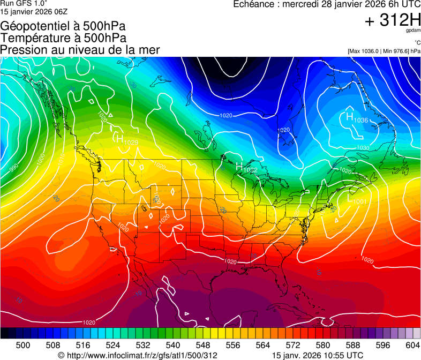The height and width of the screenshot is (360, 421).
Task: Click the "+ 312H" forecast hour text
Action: click(x=392, y=20)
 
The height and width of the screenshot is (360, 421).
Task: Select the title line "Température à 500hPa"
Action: click(x=63, y=38)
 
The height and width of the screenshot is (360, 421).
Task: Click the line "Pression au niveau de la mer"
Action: click(x=80, y=50)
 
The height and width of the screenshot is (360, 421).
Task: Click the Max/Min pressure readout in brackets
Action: click(x=384, y=51)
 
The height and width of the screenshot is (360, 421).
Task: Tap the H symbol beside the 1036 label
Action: click(x=349, y=116)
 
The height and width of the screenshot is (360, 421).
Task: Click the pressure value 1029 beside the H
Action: click(x=131, y=142)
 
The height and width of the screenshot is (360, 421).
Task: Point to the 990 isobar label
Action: click(x=14, y=168)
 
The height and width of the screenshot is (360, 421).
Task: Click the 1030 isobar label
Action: click(x=363, y=148)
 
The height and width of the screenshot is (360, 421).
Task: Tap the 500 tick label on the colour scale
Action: click(x=23, y=344)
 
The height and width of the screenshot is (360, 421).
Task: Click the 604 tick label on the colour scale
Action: click(x=412, y=344)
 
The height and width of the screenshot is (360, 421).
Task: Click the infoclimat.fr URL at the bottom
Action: click(x=137, y=355)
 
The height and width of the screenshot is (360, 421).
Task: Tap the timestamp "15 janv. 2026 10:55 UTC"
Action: click(x=318, y=355)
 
